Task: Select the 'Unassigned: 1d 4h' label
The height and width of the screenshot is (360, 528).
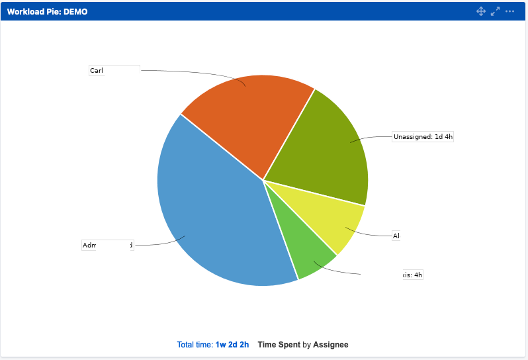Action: tap(423, 137)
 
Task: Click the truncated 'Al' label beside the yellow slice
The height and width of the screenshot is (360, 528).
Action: tap(396, 236)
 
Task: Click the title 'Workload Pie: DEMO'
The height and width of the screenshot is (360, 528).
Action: tap(47, 12)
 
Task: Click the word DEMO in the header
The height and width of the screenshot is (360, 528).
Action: tap(75, 12)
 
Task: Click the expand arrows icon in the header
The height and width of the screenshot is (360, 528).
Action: tap(495, 11)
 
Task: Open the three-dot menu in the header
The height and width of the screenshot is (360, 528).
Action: tap(509, 11)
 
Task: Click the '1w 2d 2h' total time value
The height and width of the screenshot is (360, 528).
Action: tap(232, 345)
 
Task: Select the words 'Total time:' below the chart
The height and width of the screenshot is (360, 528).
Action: tap(195, 345)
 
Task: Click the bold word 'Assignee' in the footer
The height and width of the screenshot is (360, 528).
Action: tap(330, 345)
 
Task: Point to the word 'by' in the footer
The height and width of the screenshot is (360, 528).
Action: tap(306, 345)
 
